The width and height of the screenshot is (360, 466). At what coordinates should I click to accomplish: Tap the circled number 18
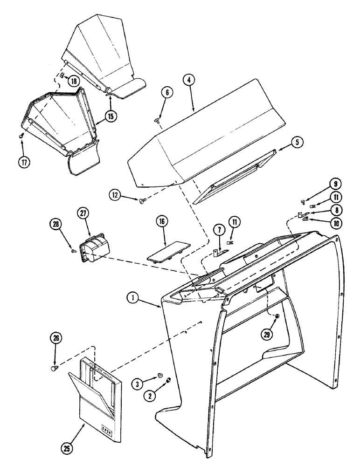pos(73,81)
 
